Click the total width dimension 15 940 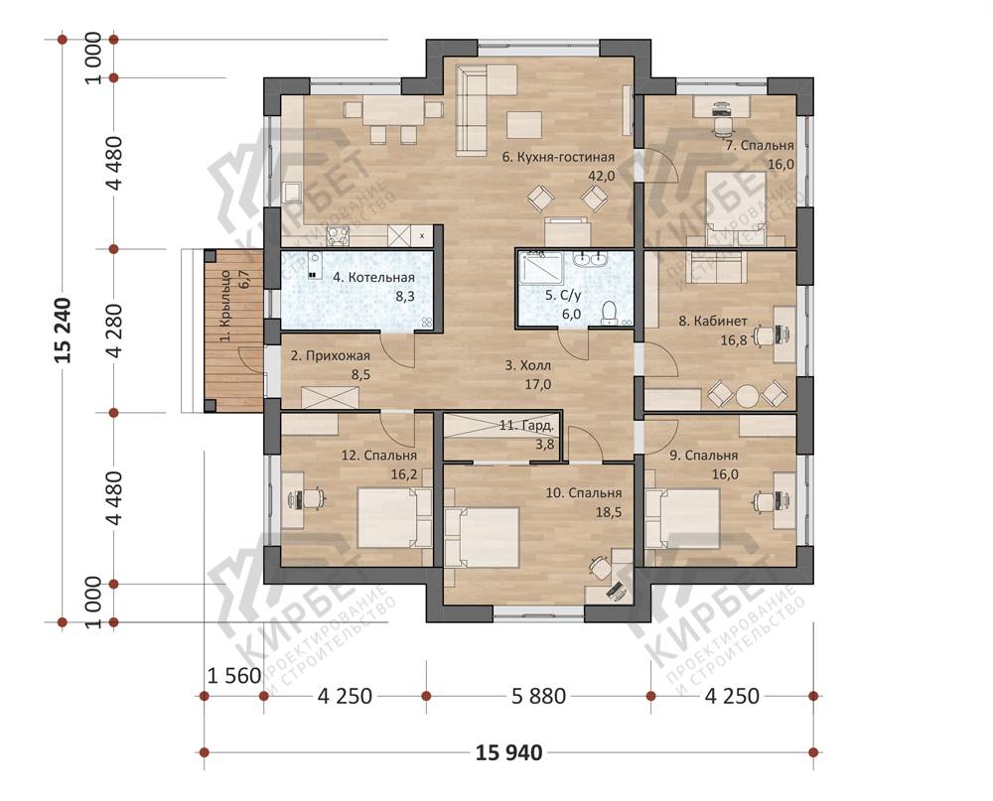tap(508, 752)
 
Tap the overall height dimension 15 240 tap(64, 331)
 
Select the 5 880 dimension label tap(538, 697)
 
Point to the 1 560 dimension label tap(234, 676)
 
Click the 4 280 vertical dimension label tap(114, 332)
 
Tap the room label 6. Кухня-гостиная tap(558, 157)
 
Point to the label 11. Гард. tap(527, 426)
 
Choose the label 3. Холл tap(528, 365)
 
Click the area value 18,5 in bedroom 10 tap(609, 511)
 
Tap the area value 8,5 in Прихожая tap(361, 375)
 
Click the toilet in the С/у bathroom tap(610, 313)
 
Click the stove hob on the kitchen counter tap(338, 236)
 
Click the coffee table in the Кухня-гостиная tap(524, 125)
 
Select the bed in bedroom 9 tap(682, 518)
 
